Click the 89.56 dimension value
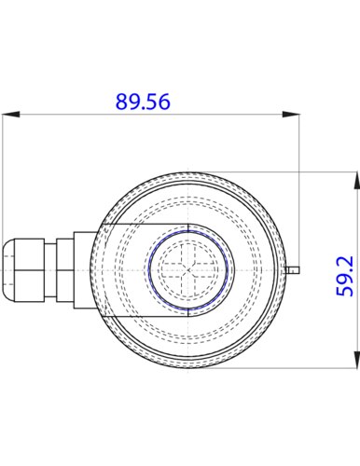pyautogui.click(x=143, y=102)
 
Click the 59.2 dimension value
pyautogui.click(x=345, y=276)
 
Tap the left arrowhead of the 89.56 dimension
pyautogui.click(x=11, y=115)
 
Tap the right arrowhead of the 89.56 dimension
pyautogui.click(x=291, y=115)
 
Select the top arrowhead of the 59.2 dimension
pyautogui.click(x=356, y=180)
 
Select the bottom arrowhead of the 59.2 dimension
pyautogui.click(x=356, y=360)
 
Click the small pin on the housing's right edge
pyautogui.click(x=292, y=270)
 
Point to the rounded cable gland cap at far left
pyautogui.click(x=8, y=270)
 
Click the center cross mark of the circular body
pyautogui.click(x=188, y=270)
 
